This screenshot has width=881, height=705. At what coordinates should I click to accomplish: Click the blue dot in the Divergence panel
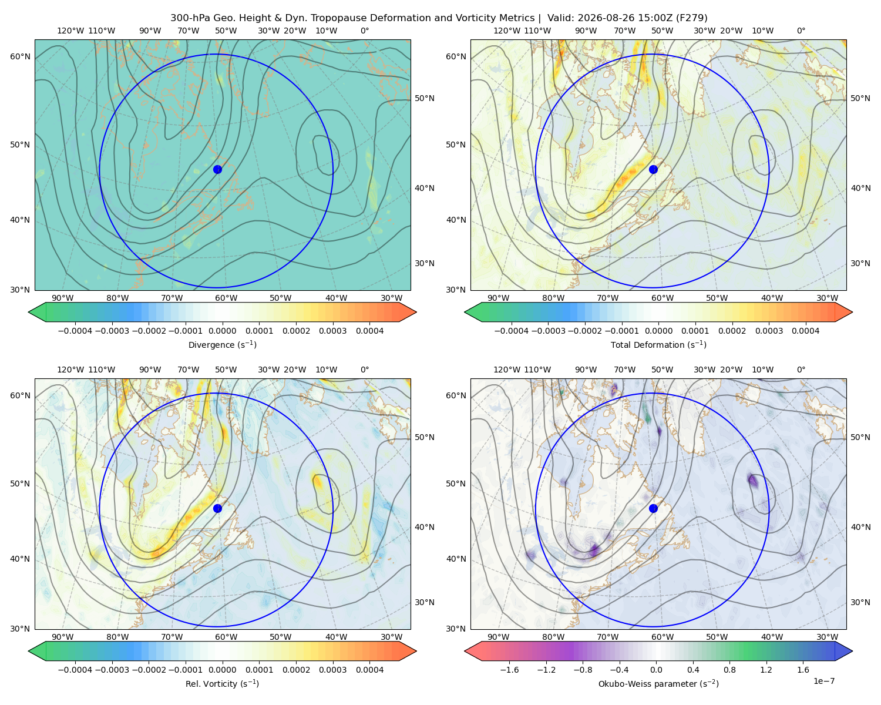(217, 169)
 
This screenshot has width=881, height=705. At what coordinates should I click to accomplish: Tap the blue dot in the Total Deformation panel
(653, 169)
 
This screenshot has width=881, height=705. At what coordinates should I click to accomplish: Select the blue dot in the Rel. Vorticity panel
(217, 508)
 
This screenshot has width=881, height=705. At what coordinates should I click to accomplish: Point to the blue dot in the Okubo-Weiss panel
(653, 508)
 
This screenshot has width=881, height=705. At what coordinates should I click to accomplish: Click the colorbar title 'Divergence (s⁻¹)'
(222, 344)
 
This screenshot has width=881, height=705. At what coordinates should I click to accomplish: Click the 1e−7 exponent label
(823, 681)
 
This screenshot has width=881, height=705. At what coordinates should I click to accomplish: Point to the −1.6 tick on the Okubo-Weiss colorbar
(509, 669)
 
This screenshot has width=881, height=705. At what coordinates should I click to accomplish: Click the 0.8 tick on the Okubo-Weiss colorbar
(729, 669)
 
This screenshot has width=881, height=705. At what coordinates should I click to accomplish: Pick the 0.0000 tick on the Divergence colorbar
(222, 331)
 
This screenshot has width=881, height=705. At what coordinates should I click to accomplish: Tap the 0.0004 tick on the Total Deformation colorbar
(805, 331)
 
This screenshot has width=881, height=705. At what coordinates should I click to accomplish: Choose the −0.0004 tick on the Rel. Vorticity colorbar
(75, 669)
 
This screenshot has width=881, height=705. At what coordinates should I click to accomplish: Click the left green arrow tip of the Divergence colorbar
(29, 312)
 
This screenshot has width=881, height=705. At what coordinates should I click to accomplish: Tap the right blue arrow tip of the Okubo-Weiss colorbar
(852, 651)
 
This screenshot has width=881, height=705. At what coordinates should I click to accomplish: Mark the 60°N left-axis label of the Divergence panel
(20, 56)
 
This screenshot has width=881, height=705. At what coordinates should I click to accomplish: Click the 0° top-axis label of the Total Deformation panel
(801, 31)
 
